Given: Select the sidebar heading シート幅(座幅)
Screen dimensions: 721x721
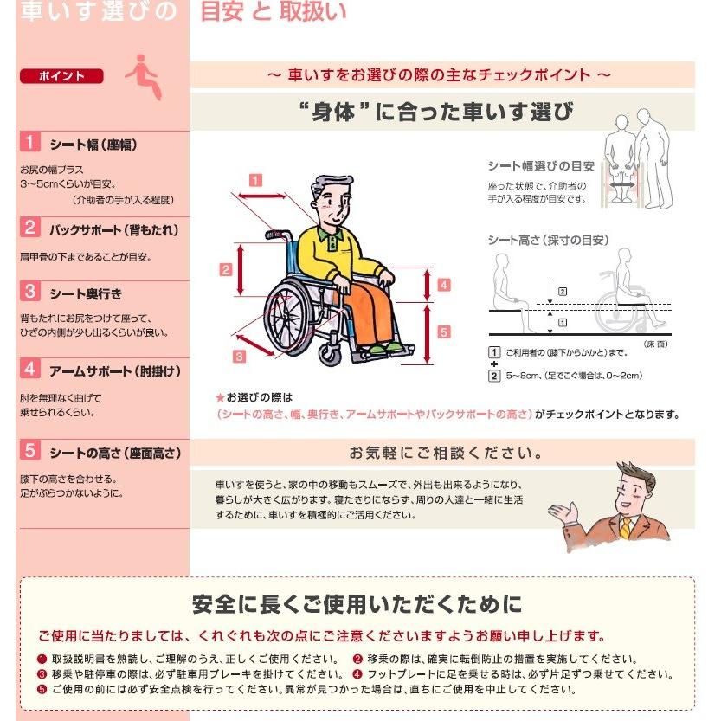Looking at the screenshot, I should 93,145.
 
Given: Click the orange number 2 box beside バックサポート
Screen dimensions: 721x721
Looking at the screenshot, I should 30,229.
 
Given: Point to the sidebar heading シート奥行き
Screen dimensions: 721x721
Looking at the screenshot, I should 86,293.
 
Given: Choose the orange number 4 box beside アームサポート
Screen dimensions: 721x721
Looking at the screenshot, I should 30,370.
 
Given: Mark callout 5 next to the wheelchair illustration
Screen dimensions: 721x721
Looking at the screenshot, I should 442,332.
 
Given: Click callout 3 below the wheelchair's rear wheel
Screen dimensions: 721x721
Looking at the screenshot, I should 240,355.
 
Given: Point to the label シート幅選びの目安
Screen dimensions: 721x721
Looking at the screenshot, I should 540,165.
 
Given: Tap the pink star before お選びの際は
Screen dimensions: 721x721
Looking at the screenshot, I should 220,397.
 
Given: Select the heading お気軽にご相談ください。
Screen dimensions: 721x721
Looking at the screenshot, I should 446,453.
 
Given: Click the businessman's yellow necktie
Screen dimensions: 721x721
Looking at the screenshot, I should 626,525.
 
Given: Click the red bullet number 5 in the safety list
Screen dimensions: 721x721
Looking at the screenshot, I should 42,690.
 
